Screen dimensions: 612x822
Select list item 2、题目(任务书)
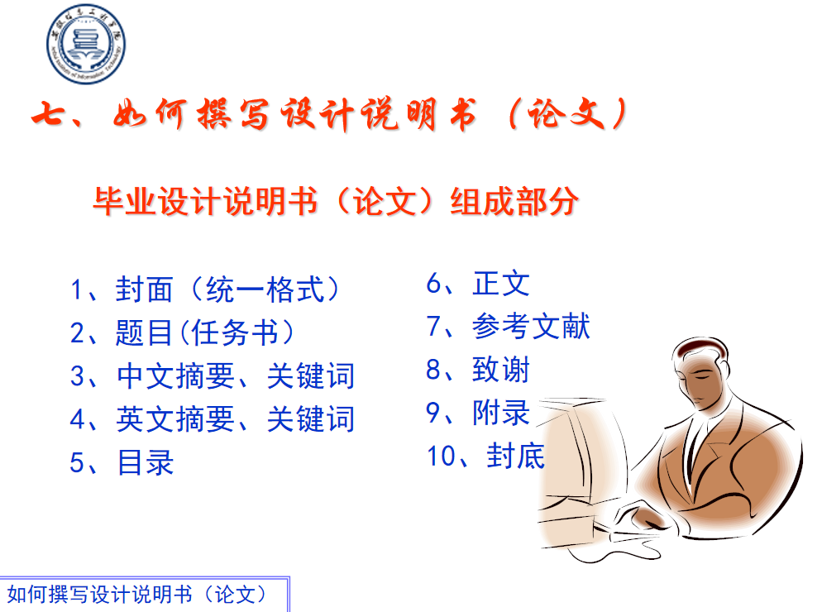coord(183,332)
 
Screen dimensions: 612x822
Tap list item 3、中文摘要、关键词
coord(213,375)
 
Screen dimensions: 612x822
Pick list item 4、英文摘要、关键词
coord(213,418)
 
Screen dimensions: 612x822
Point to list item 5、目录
coord(122,461)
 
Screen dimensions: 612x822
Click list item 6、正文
coord(477,284)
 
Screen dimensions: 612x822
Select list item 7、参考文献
coord(508,327)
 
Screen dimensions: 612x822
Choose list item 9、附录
coord(477,413)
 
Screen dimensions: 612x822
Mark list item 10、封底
coord(485,456)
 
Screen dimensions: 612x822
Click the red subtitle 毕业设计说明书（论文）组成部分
coord(335,202)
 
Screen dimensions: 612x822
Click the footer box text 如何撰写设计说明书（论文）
coord(138,594)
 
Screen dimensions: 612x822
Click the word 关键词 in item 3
coord(310,375)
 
